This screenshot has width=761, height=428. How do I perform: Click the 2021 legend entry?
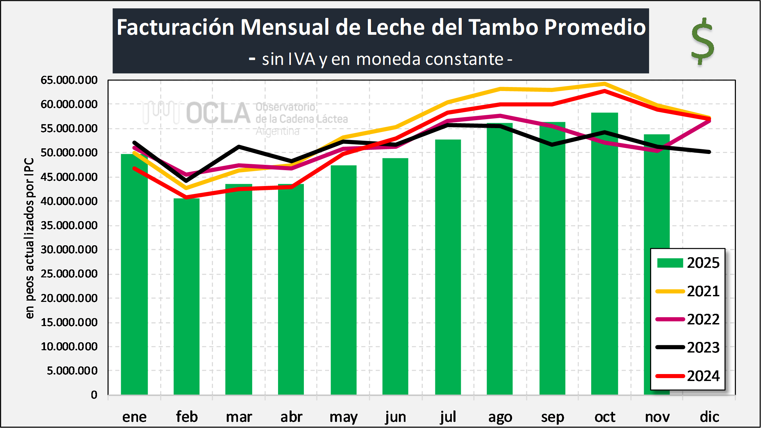[689, 291]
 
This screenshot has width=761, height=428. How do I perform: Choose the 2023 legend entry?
[689, 348]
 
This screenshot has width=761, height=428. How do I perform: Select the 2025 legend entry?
[689, 263]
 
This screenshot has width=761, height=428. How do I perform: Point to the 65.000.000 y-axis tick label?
[69, 80]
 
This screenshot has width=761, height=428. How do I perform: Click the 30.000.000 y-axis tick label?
[69, 250]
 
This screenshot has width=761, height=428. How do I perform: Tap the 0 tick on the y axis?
[94, 395]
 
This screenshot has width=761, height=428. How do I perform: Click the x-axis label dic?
[709, 417]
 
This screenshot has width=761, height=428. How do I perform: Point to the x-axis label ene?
[134, 417]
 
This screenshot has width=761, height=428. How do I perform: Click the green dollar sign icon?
[702, 41]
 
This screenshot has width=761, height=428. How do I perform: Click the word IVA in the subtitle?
[302, 60]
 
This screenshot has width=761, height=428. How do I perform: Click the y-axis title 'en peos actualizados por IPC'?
[29, 238]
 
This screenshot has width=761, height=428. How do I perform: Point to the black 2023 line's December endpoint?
[709, 152]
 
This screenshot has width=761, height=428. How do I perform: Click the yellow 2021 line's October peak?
[604, 84]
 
